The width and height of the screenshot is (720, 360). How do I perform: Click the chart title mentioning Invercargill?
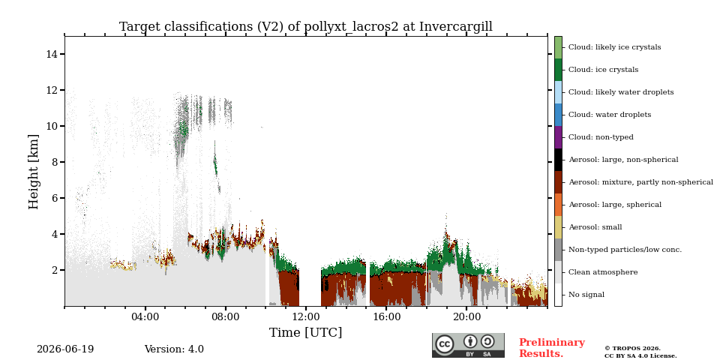pos(306,27)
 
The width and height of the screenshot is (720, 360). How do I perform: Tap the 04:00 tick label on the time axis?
pos(145,316)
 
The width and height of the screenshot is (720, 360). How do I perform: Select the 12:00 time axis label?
pos(306,316)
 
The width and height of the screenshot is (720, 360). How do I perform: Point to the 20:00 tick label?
pos(466,316)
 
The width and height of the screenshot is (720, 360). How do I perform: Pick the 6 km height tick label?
pos(54,198)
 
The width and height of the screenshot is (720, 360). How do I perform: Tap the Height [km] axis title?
pos(34,172)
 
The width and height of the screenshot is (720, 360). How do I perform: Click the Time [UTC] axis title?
pos(306,332)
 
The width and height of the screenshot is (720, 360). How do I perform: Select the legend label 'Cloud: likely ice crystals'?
pos(615,47)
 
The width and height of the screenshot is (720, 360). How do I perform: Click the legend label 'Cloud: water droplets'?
pos(610,115)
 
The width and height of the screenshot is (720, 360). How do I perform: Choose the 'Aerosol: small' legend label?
pos(595,227)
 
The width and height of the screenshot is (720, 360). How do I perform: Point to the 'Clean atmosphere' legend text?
pos(603,272)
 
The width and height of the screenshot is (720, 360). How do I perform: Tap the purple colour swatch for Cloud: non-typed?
pos(558,137)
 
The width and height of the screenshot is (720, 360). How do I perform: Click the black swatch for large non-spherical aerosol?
pos(558,160)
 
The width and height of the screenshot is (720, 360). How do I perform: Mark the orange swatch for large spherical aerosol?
pos(558,205)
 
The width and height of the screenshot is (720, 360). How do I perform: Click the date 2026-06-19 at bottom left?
pos(65,349)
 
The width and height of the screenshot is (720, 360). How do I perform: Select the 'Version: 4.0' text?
pos(174,349)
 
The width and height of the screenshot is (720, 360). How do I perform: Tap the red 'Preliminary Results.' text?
pos(552,348)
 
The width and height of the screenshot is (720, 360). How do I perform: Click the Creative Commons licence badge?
pos(468,345)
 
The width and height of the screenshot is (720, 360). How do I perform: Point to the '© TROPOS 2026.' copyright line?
pos(632,349)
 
